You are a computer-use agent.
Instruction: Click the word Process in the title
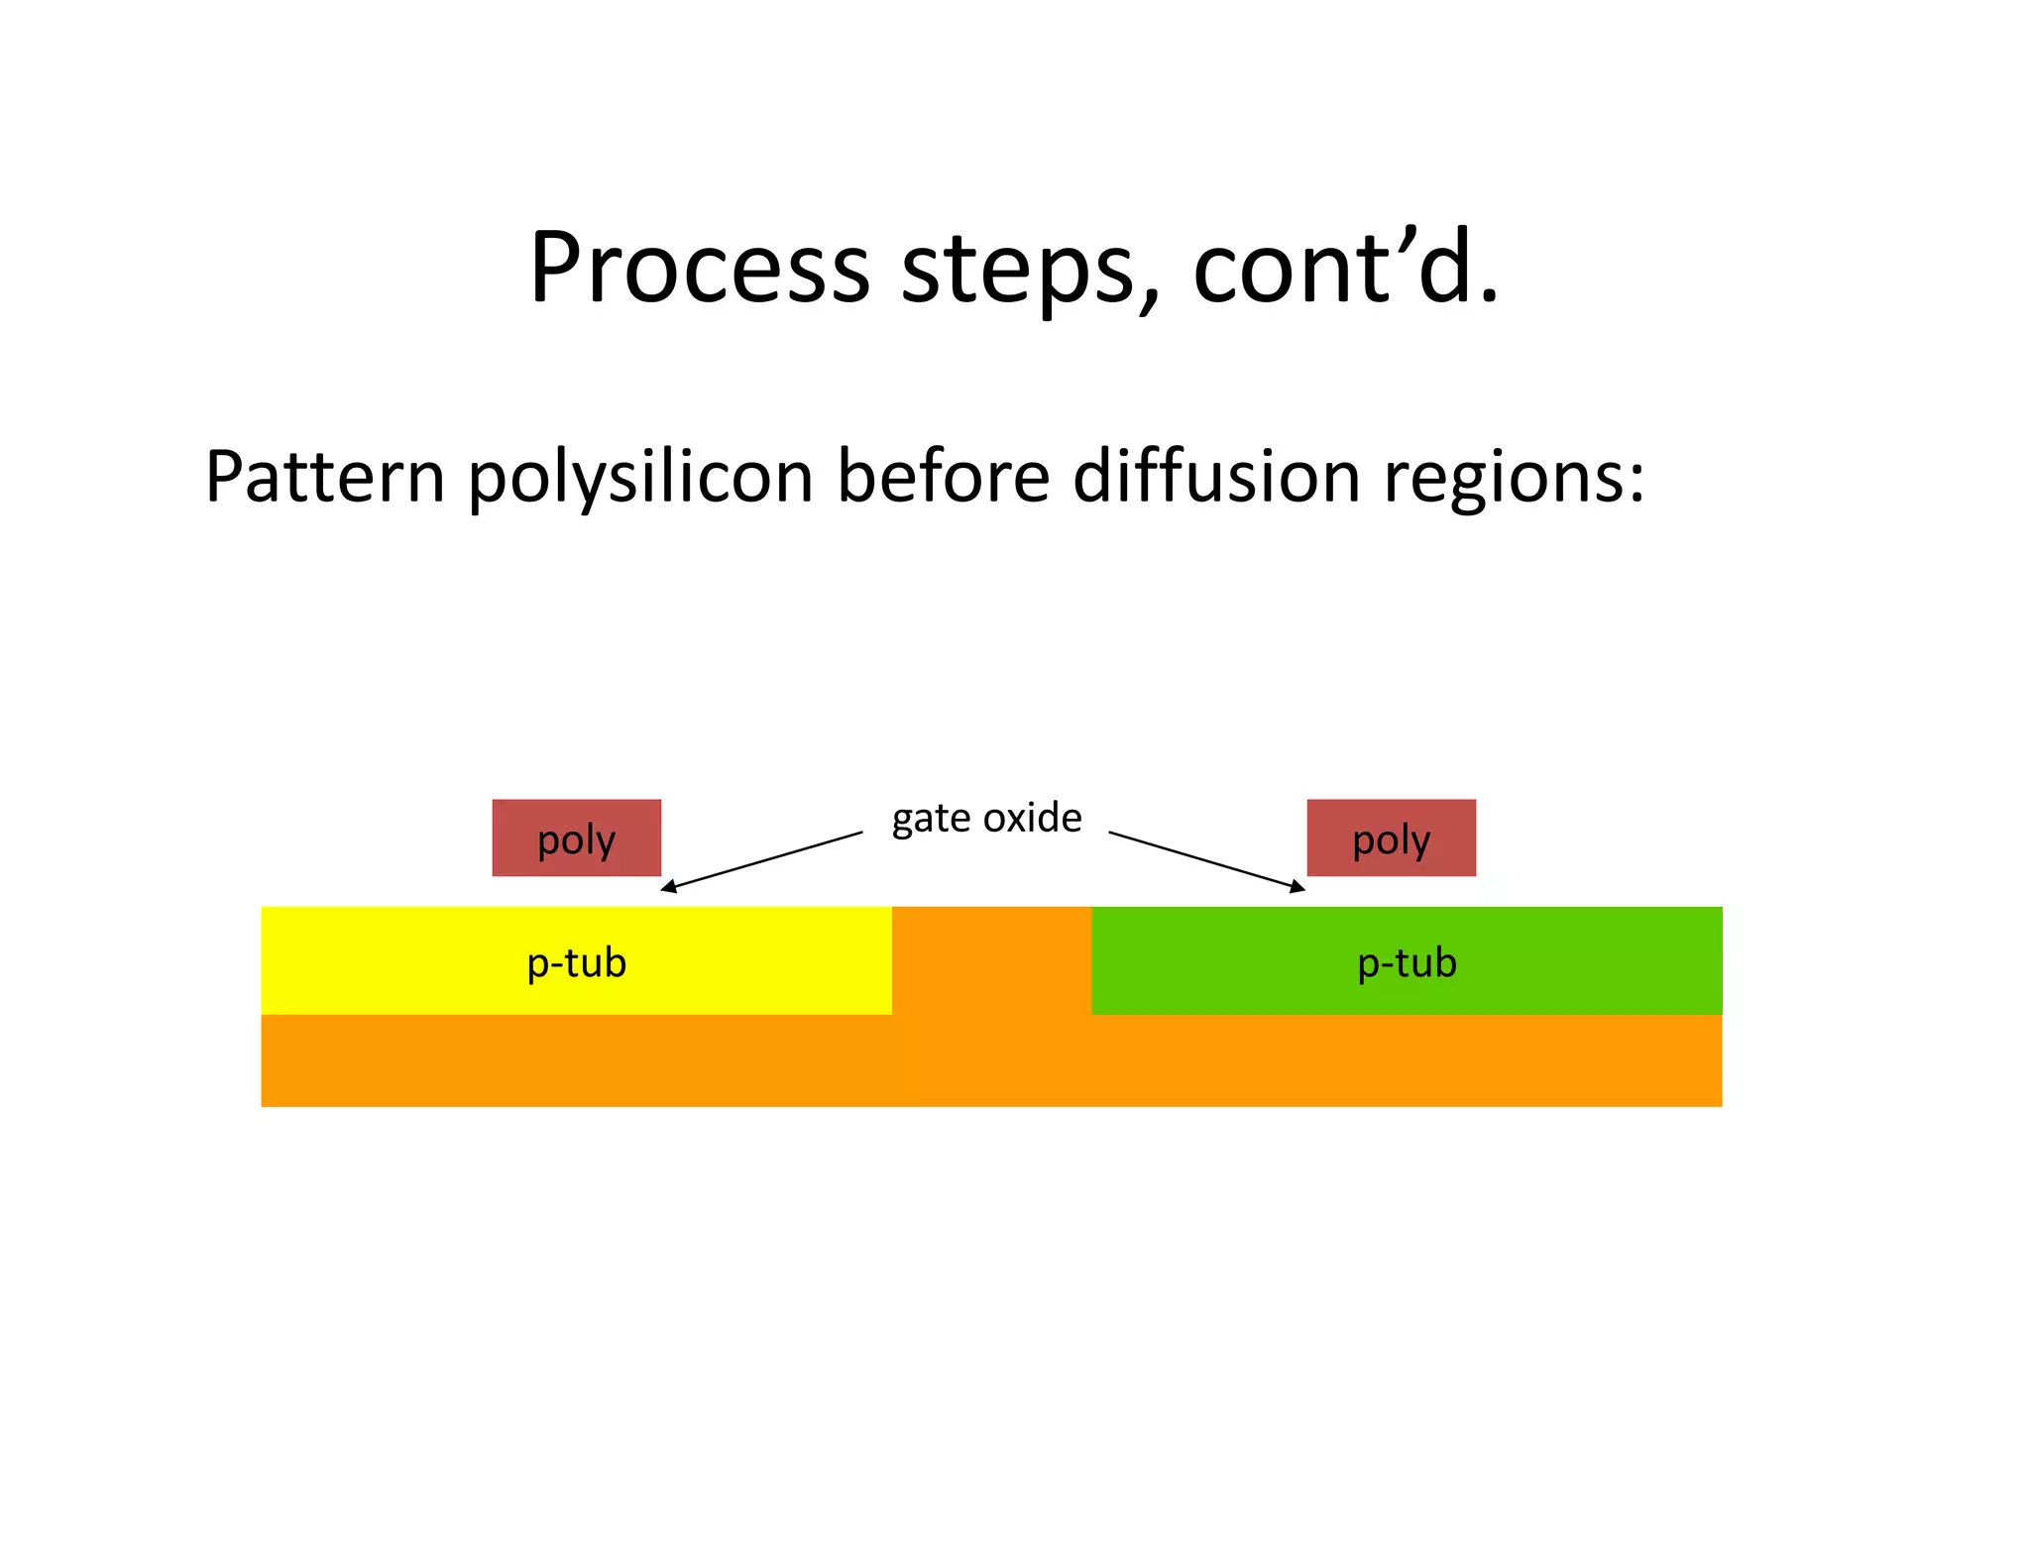[x=700, y=268]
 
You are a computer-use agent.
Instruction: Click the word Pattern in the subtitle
[x=324, y=477]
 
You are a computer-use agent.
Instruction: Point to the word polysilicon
[x=641, y=479]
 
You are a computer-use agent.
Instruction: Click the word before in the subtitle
[x=943, y=477]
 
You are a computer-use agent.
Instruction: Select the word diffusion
[x=1216, y=477]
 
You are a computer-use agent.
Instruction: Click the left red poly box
[x=576, y=838]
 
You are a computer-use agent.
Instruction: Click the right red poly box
[x=1391, y=838]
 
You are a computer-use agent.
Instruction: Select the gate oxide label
[x=986, y=819]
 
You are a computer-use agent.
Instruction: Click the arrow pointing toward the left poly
[x=763, y=861]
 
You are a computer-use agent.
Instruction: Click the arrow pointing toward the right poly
[x=1204, y=860]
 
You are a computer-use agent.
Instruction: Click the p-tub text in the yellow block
[x=576, y=962]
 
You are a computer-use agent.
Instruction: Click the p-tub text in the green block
[x=1407, y=962]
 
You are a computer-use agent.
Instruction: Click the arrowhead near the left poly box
[x=669, y=887]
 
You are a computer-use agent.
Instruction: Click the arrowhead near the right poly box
[x=1297, y=887]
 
